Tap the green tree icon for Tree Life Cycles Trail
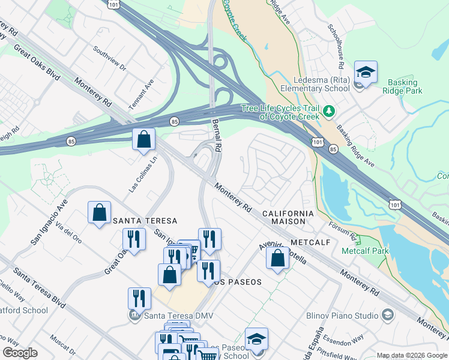(x=328, y=111)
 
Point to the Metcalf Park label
(x=365, y=251)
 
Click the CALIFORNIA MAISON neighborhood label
(x=288, y=217)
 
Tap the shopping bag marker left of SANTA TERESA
(x=99, y=212)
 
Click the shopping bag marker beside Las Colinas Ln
(x=144, y=140)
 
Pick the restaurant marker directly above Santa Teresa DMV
(x=139, y=298)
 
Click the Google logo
(x=20, y=353)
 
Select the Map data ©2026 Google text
(x=411, y=355)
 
